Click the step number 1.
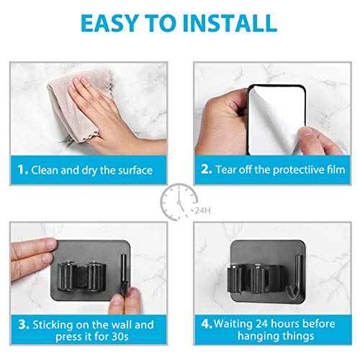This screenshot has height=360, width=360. click(x=22, y=170)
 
